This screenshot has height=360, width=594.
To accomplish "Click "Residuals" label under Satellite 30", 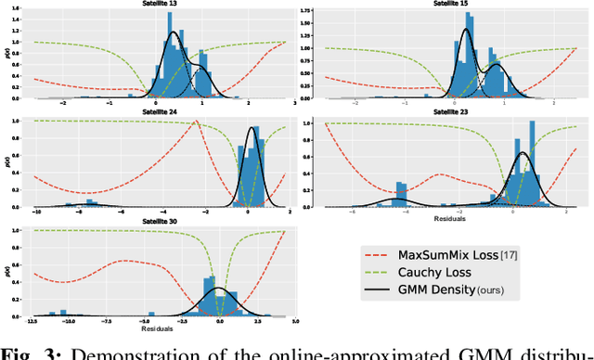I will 157,329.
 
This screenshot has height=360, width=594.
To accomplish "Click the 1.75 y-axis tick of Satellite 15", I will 303,16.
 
